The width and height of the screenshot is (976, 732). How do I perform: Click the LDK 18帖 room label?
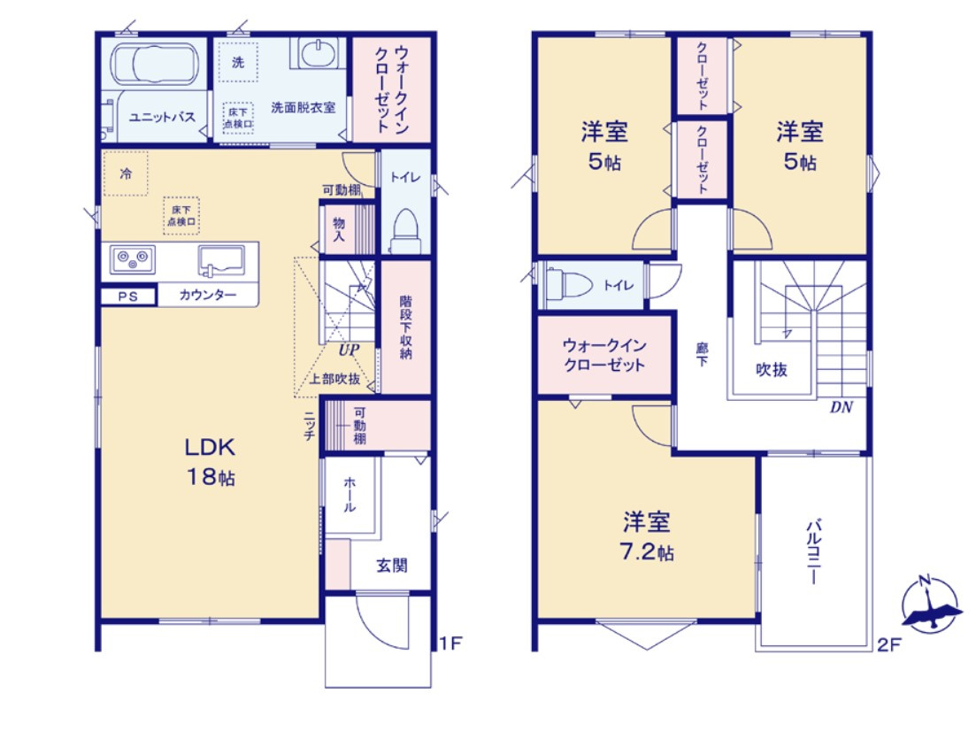point(210,461)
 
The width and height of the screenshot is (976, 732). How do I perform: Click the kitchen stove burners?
point(133,260)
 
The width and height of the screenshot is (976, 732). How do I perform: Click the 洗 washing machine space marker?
point(237,62)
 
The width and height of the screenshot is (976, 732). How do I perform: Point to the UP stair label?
point(348,350)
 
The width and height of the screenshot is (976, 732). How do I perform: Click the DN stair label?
point(841,408)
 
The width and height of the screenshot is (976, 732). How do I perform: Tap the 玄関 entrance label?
point(391,565)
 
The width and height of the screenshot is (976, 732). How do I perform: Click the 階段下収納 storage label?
point(405,327)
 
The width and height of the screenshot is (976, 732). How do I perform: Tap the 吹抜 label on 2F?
point(771,370)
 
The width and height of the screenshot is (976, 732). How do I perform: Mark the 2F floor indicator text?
point(888,644)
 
